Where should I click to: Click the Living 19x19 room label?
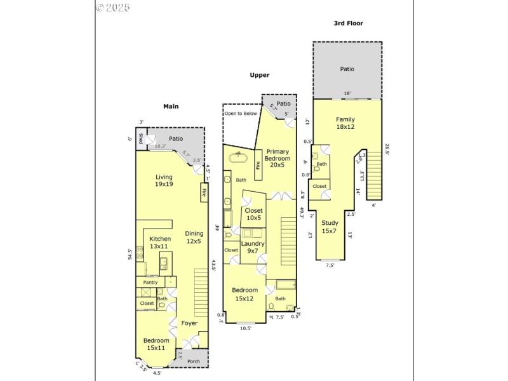pyautogui.click(x=164, y=180)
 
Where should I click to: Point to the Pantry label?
pyautogui.click(x=150, y=283)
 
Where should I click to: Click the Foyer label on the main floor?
pyautogui.click(x=189, y=323)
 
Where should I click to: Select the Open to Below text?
pyautogui.click(x=240, y=114)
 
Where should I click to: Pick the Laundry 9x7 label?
pyautogui.click(x=253, y=247)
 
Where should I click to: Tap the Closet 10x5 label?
pyautogui.click(x=253, y=214)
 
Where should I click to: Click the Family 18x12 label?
pyautogui.click(x=345, y=123)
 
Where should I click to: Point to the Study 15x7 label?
pyautogui.click(x=330, y=227)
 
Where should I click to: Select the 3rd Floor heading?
pyautogui.click(x=348, y=23)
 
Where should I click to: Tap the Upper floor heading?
pyautogui.click(x=259, y=75)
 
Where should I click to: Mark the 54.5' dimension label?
pyautogui.click(x=130, y=254)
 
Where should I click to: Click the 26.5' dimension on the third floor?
pyautogui.click(x=387, y=150)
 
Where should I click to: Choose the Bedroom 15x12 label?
pyautogui.click(x=244, y=294)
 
